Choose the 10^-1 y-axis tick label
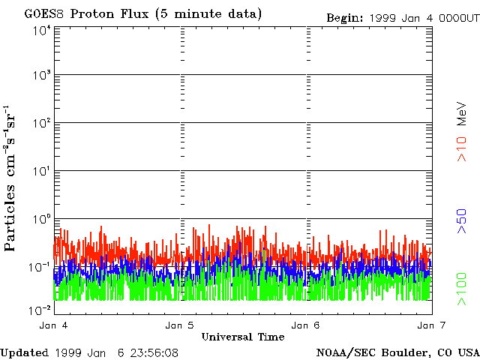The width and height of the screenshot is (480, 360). [40, 267]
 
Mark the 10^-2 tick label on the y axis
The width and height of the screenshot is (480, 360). [40, 309]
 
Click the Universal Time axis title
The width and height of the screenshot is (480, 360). [242, 337]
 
